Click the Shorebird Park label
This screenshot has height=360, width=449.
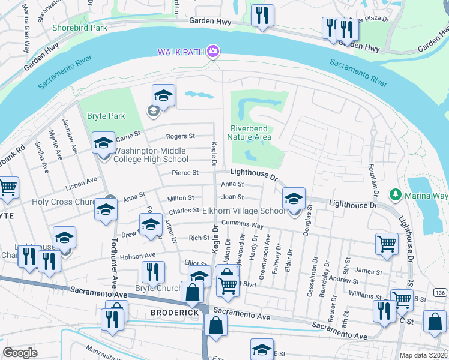coord(79,28)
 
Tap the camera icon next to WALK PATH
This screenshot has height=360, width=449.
coord(212,52)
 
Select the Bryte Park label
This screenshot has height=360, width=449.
coord(106,116)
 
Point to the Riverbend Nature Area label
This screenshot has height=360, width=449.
coord(249,132)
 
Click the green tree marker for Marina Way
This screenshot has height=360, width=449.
coord(395,194)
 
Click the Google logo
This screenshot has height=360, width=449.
coord(20,352)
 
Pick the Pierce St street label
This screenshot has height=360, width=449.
coord(185,173)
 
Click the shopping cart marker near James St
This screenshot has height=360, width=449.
coord(387,244)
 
